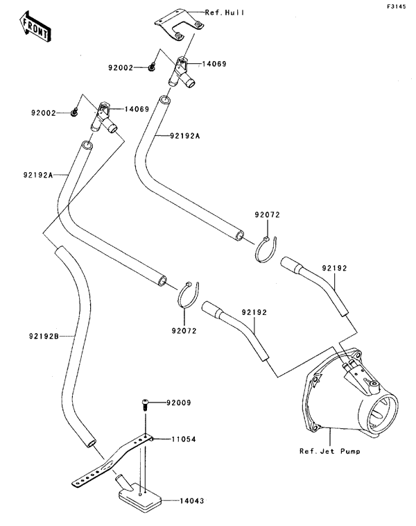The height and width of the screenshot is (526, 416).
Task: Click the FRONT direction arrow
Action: click(34, 26)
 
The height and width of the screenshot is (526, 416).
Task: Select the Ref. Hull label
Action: click(225, 13)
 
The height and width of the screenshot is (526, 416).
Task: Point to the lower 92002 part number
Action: click(43, 112)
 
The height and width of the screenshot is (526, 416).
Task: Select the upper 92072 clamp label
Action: click(266, 216)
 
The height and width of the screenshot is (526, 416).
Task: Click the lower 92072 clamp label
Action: click(184, 331)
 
